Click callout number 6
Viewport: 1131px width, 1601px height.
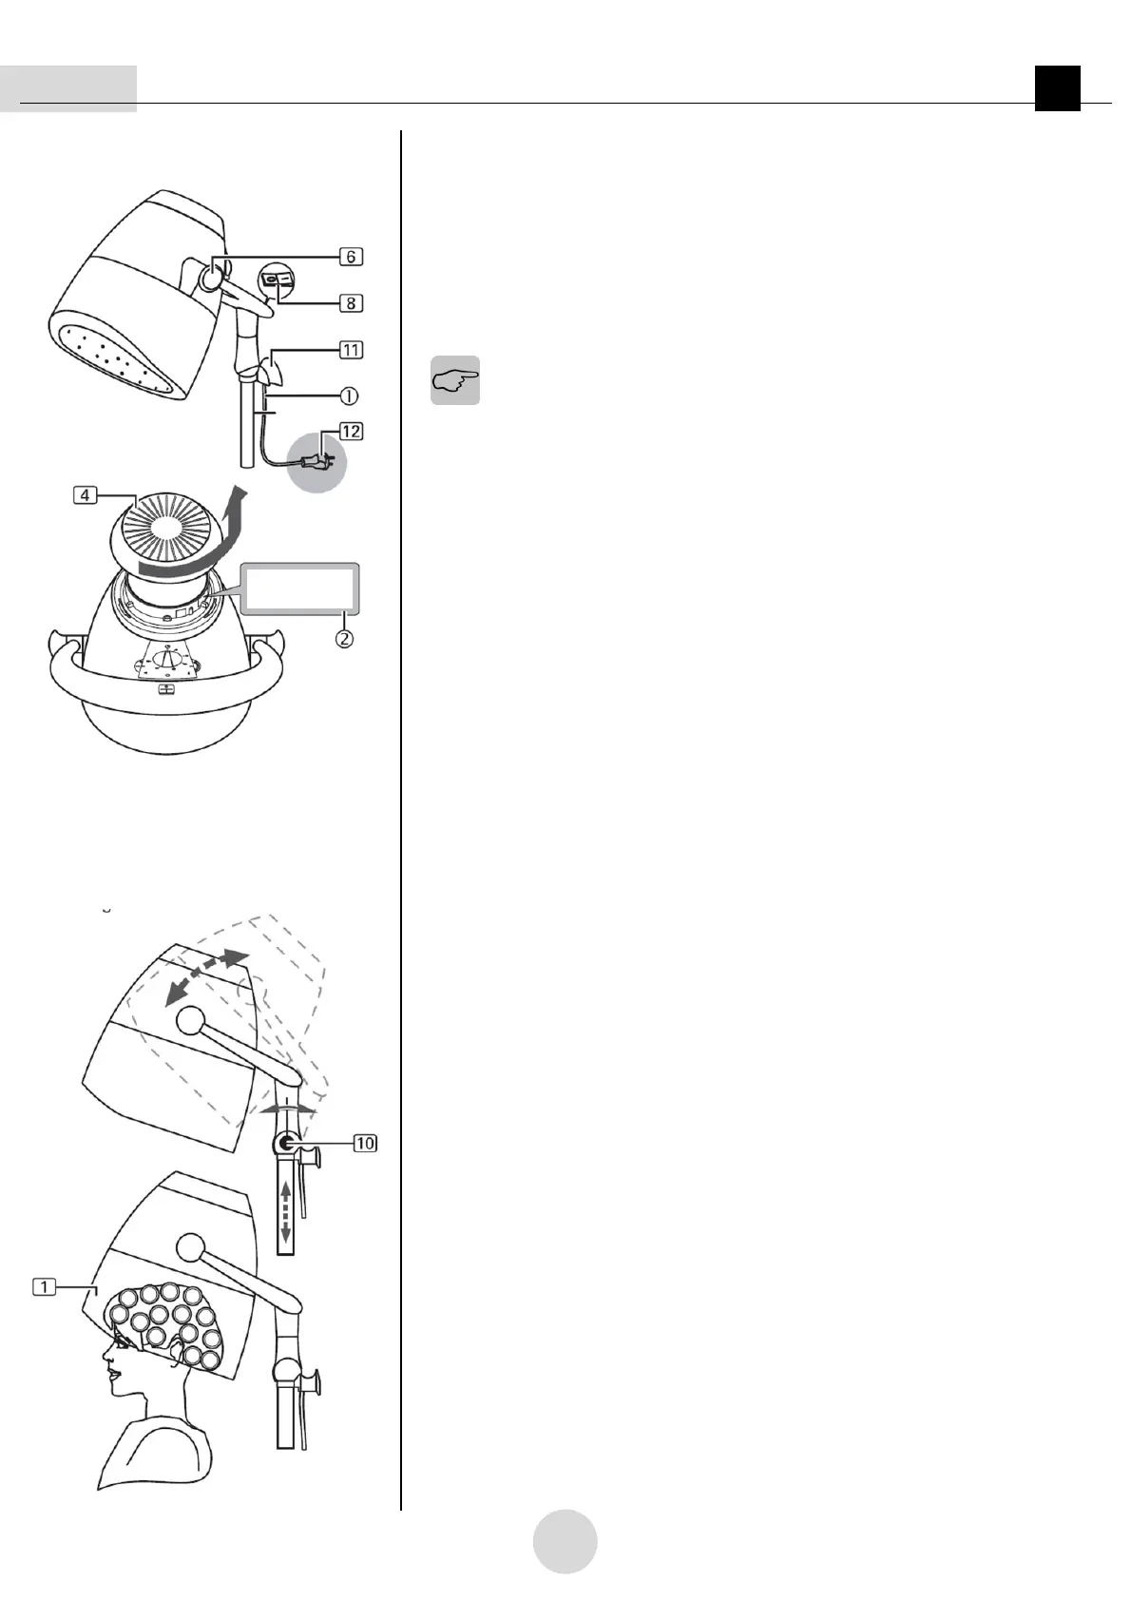click(x=351, y=257)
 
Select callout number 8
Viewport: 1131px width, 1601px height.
click(x=351, y=303)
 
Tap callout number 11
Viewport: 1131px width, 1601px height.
click(x=351, y=350)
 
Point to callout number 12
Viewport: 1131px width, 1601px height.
click(x=351, y=432)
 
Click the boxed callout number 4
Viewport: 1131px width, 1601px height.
click(x=86, y=495)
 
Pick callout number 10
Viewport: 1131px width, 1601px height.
click(x=365, y=1143)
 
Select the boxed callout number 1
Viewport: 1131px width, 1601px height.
click(x=44, y=1286)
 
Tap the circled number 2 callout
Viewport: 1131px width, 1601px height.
click(x=343, y=639)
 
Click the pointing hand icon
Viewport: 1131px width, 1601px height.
click(x=455, y=381)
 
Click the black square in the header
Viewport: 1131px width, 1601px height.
click(x=1058, y=88)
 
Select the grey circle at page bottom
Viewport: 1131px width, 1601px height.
click(x=565, y=1541)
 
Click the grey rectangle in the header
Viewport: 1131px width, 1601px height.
click(x=68, y=88)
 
